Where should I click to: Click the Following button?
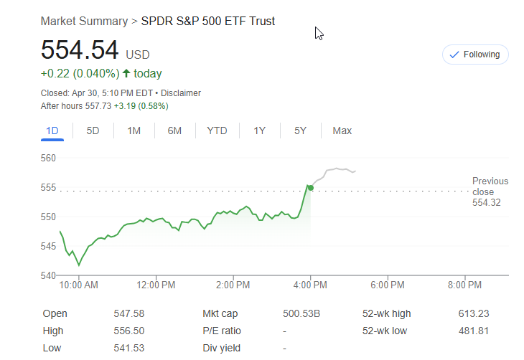[475, 55]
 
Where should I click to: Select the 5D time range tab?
[93, 131]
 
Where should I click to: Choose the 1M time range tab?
[134, 131]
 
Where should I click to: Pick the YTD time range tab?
[217, 131]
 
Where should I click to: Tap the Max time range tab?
[342, 131]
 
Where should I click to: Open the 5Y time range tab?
[300, 131]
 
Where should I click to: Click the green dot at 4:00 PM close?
[310, 188]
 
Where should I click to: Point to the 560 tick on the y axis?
[49, 158]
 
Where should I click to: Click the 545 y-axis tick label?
[49, 246]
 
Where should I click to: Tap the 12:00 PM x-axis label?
[156, 285]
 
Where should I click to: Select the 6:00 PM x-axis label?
[388, 285]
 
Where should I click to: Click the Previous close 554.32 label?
[490, 191]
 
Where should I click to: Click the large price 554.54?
[79, 50]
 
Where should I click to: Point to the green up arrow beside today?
[126, 73]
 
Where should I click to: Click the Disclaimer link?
[181, 93]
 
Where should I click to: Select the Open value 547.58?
[129, 313]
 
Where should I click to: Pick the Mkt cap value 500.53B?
[301, 313]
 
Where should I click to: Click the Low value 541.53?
[129, 348]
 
